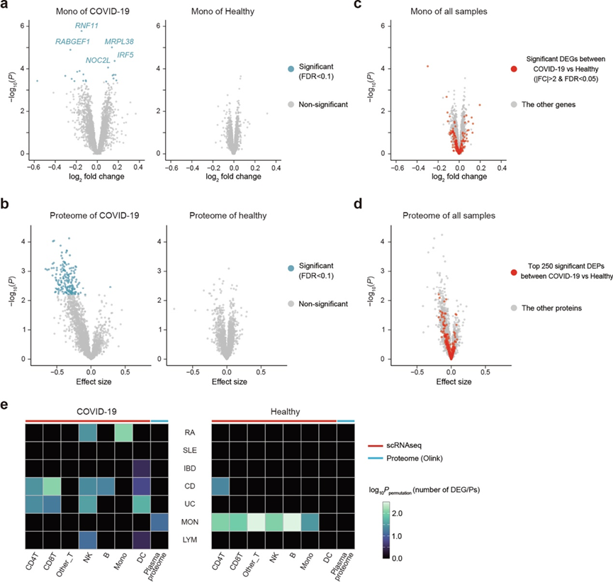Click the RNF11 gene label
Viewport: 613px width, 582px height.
coord(86,26)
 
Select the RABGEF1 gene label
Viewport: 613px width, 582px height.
coord(73,42)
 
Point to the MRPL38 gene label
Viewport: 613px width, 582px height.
coord(119,42)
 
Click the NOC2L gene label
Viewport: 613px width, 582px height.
coord(98,61)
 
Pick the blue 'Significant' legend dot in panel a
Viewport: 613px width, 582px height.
coord(291,69)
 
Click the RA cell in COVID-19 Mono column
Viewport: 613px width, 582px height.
coord(123,431)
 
